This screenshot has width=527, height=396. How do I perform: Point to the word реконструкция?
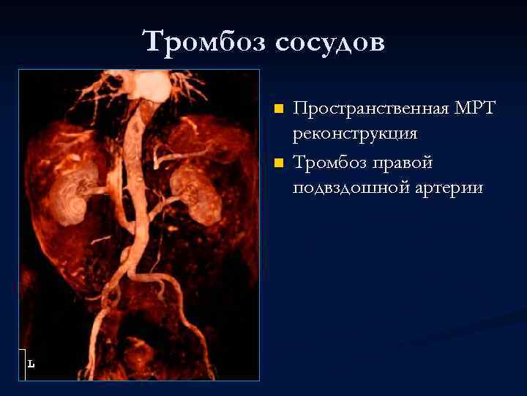coord(355,134)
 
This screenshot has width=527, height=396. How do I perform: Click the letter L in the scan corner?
coord(31,363)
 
